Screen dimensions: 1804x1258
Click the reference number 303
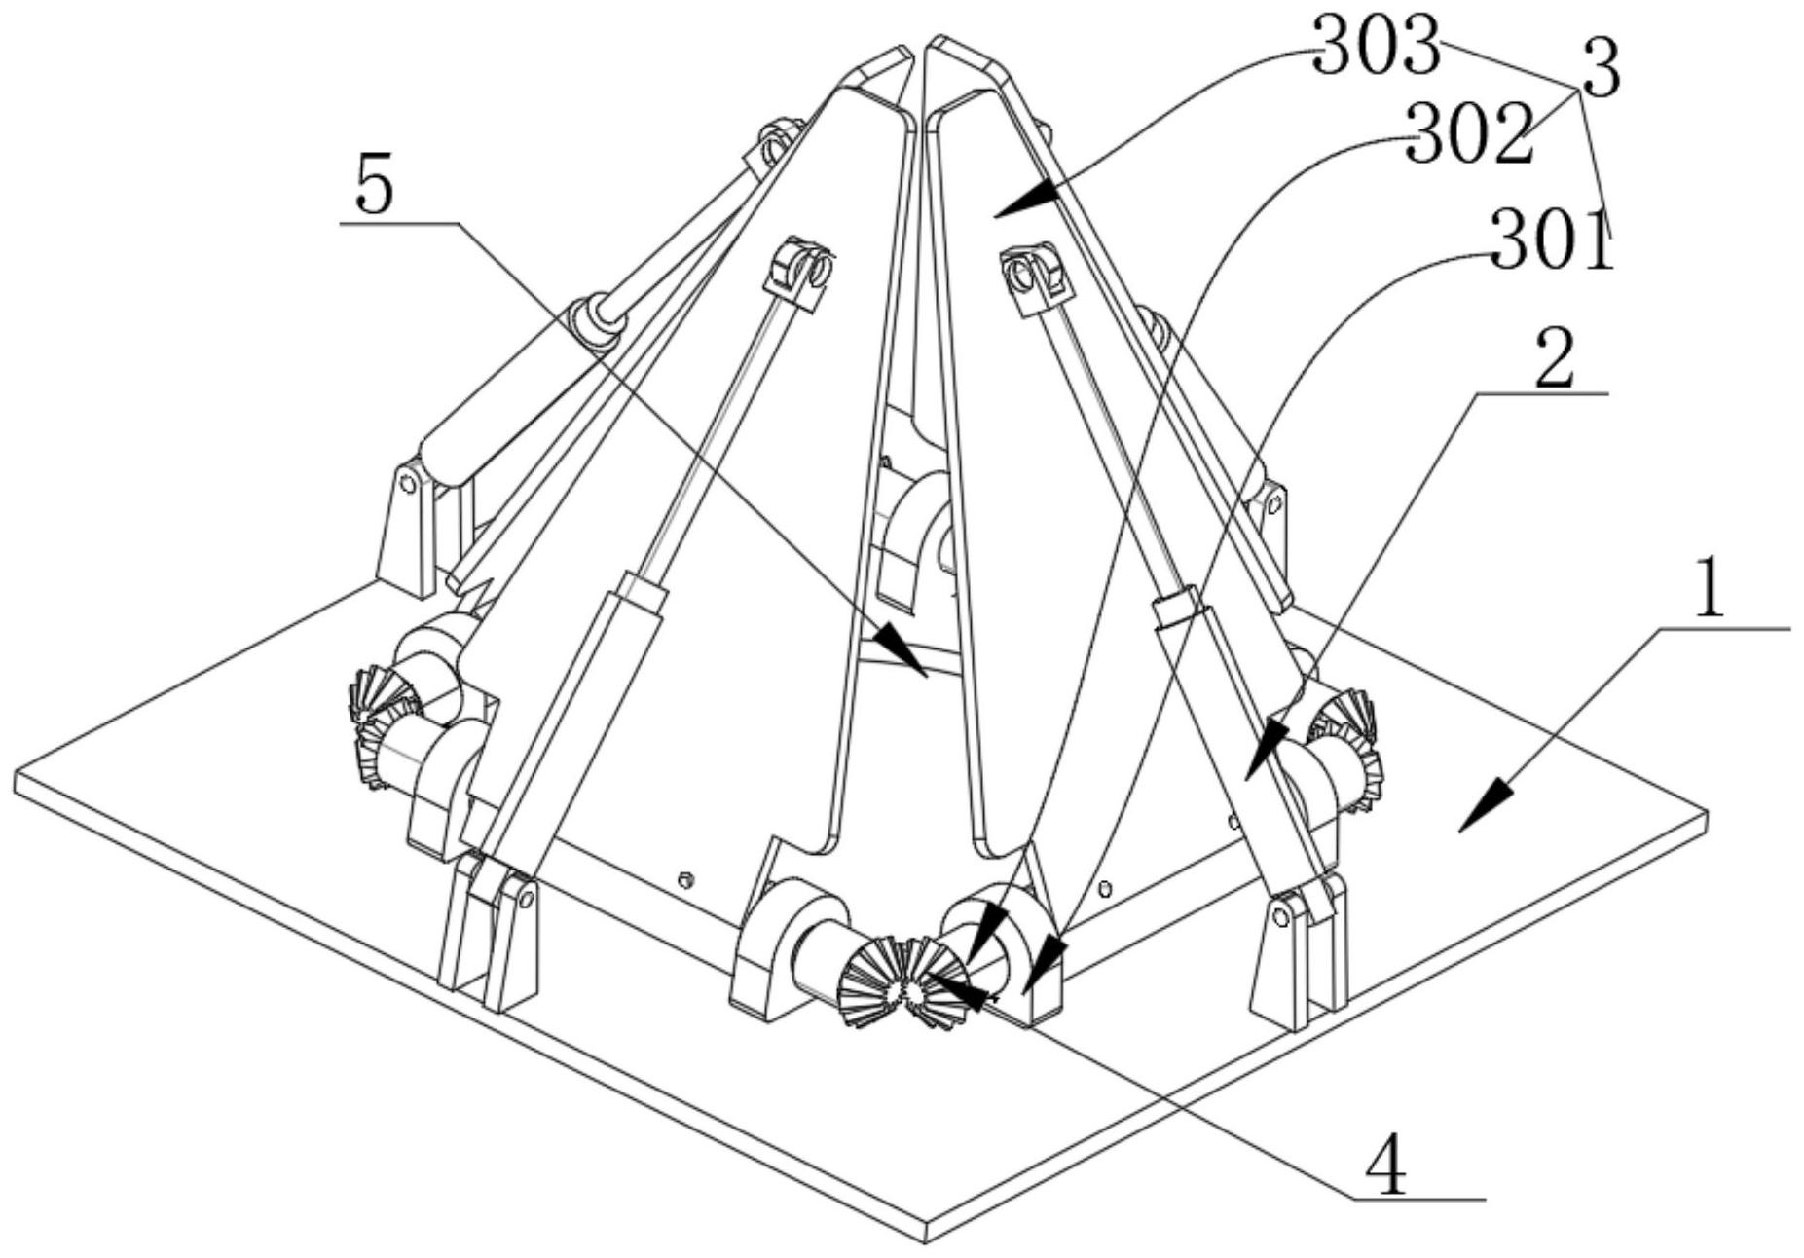click(1376, 48)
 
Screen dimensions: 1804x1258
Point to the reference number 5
click(375, 187)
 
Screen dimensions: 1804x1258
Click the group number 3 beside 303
click(1601, 69)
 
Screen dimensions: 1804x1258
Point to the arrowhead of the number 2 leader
click(1263, 749)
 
